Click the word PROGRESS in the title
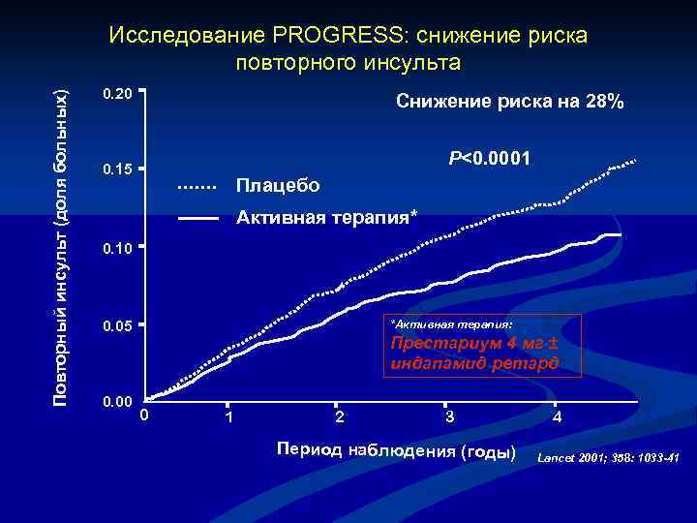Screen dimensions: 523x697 click(341, 36)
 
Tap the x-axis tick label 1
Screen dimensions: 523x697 click(228, 418)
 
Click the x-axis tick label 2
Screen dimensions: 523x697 click(338, 417)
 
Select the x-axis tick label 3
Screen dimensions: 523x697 click(448, 417)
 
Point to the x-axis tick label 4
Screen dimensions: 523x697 click(556, 418)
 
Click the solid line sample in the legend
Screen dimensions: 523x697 click(197, 218)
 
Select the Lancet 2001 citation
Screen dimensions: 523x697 click(608, 455)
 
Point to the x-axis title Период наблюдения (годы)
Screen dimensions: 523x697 click(397, 451)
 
